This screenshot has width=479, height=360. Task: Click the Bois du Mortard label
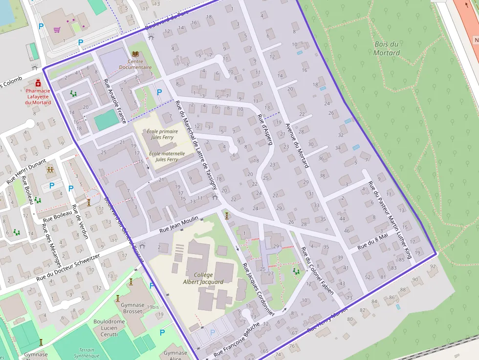[386, 48]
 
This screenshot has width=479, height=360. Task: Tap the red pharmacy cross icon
[38, 83]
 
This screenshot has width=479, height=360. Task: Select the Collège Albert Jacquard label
[203, 278]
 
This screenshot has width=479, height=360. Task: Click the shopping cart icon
[57, 30]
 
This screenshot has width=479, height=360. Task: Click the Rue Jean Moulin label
[179, 225]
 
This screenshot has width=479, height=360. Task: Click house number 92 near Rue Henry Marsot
[433, 266]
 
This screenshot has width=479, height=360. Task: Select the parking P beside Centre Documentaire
[158, 91]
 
